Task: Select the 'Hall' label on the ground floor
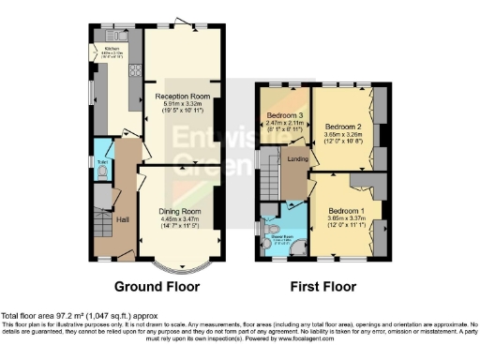point(122,218)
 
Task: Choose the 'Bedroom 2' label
point(343,124)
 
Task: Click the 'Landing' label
point(299,158)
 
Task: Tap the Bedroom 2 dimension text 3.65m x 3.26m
point(343,133)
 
